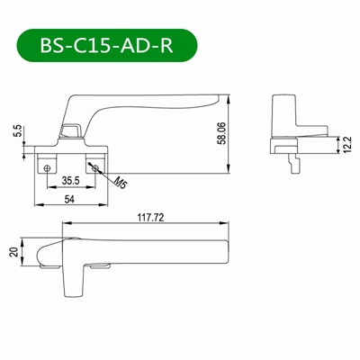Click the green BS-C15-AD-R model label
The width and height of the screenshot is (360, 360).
click(105, 45)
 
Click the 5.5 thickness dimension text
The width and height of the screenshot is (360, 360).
click(17, 131)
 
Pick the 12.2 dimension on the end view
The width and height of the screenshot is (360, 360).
click(346, 144)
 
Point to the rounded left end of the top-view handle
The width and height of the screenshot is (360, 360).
click(40, 253)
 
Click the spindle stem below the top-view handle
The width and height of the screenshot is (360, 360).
click(71, 283)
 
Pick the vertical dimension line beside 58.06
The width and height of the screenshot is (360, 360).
click(232, 130)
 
